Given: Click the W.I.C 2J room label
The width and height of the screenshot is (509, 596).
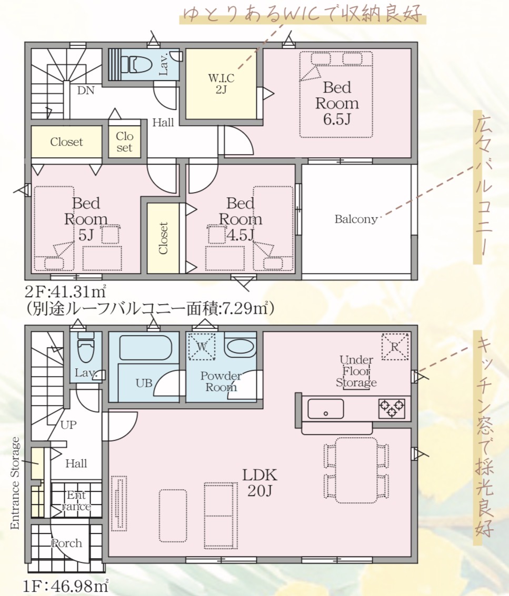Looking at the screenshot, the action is (221, 84).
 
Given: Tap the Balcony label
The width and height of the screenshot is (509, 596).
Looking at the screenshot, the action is (356, 219).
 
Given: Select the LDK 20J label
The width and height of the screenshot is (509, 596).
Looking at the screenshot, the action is (260, 483).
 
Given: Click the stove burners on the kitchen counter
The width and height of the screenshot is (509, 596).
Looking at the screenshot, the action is (392, 409).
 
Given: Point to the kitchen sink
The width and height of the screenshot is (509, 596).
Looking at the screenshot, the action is (326, 409).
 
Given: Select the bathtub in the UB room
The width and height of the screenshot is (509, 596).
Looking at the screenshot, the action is (146, 347).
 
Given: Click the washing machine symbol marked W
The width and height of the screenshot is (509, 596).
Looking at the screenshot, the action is (202, 346).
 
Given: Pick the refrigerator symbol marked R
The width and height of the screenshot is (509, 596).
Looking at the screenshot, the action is (395, 346).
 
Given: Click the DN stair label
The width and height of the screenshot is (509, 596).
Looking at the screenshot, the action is (86, 90).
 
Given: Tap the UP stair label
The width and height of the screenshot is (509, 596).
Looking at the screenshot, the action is (68, 425).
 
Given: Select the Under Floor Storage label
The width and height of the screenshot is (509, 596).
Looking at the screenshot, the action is (356, 371).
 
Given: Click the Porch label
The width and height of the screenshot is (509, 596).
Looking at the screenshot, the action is (66, 543).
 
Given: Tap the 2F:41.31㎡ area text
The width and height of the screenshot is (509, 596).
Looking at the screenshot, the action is (65, 291).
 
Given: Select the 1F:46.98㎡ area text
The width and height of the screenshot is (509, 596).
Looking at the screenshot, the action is (66, 587).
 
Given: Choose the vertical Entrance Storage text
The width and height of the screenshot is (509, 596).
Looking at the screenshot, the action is (15, 483).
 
